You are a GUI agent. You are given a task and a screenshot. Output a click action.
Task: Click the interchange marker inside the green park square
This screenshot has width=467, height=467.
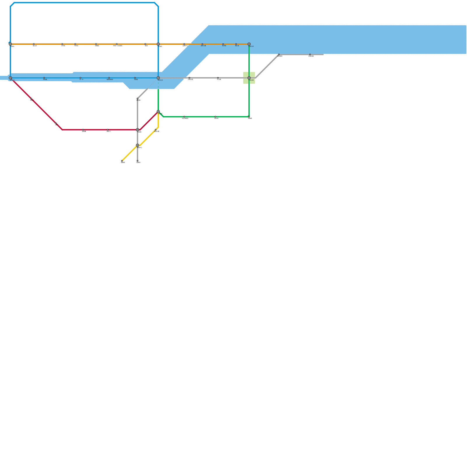[249, 78]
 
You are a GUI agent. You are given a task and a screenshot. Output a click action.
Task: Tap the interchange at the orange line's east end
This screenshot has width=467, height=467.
[249, 44]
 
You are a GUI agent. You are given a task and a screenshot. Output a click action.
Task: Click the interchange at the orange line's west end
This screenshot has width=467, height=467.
[10, 44]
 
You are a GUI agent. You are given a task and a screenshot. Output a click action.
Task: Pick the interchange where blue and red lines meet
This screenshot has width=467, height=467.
[10, 78]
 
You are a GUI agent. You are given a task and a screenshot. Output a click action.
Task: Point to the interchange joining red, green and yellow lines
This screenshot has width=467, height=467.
[158, 112]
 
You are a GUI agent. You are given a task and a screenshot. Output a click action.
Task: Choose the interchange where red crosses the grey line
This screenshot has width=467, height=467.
[137, 130]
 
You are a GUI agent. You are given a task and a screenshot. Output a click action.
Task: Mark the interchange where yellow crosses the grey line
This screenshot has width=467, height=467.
[137, 145]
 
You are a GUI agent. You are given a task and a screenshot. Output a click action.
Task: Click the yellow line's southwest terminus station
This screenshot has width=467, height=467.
[122, 161]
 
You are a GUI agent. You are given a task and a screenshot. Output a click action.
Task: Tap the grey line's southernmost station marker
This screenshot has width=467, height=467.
[137, 161]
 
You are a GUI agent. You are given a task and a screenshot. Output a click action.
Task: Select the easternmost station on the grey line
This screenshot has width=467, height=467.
[310, 55]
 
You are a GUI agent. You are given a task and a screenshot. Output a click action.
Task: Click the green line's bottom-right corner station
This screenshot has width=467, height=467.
[249, 117]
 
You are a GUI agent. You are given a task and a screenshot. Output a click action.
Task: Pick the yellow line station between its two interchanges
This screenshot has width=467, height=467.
[156, 130]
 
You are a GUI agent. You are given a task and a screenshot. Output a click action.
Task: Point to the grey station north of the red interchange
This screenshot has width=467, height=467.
[137, 99]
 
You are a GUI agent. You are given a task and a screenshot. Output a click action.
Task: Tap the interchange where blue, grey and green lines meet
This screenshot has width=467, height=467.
[158, 78]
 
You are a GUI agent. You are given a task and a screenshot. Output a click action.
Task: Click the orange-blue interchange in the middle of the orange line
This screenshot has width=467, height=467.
[158, 44]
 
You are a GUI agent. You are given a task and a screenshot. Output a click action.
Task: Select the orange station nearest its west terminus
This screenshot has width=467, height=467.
[34, 44]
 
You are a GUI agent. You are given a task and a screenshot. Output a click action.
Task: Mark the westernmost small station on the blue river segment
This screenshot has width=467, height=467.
[44, 78]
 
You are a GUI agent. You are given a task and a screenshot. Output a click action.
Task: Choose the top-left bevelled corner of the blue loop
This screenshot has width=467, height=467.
[12, 4]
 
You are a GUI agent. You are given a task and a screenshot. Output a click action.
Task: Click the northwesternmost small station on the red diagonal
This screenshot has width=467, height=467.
[31, 99]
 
